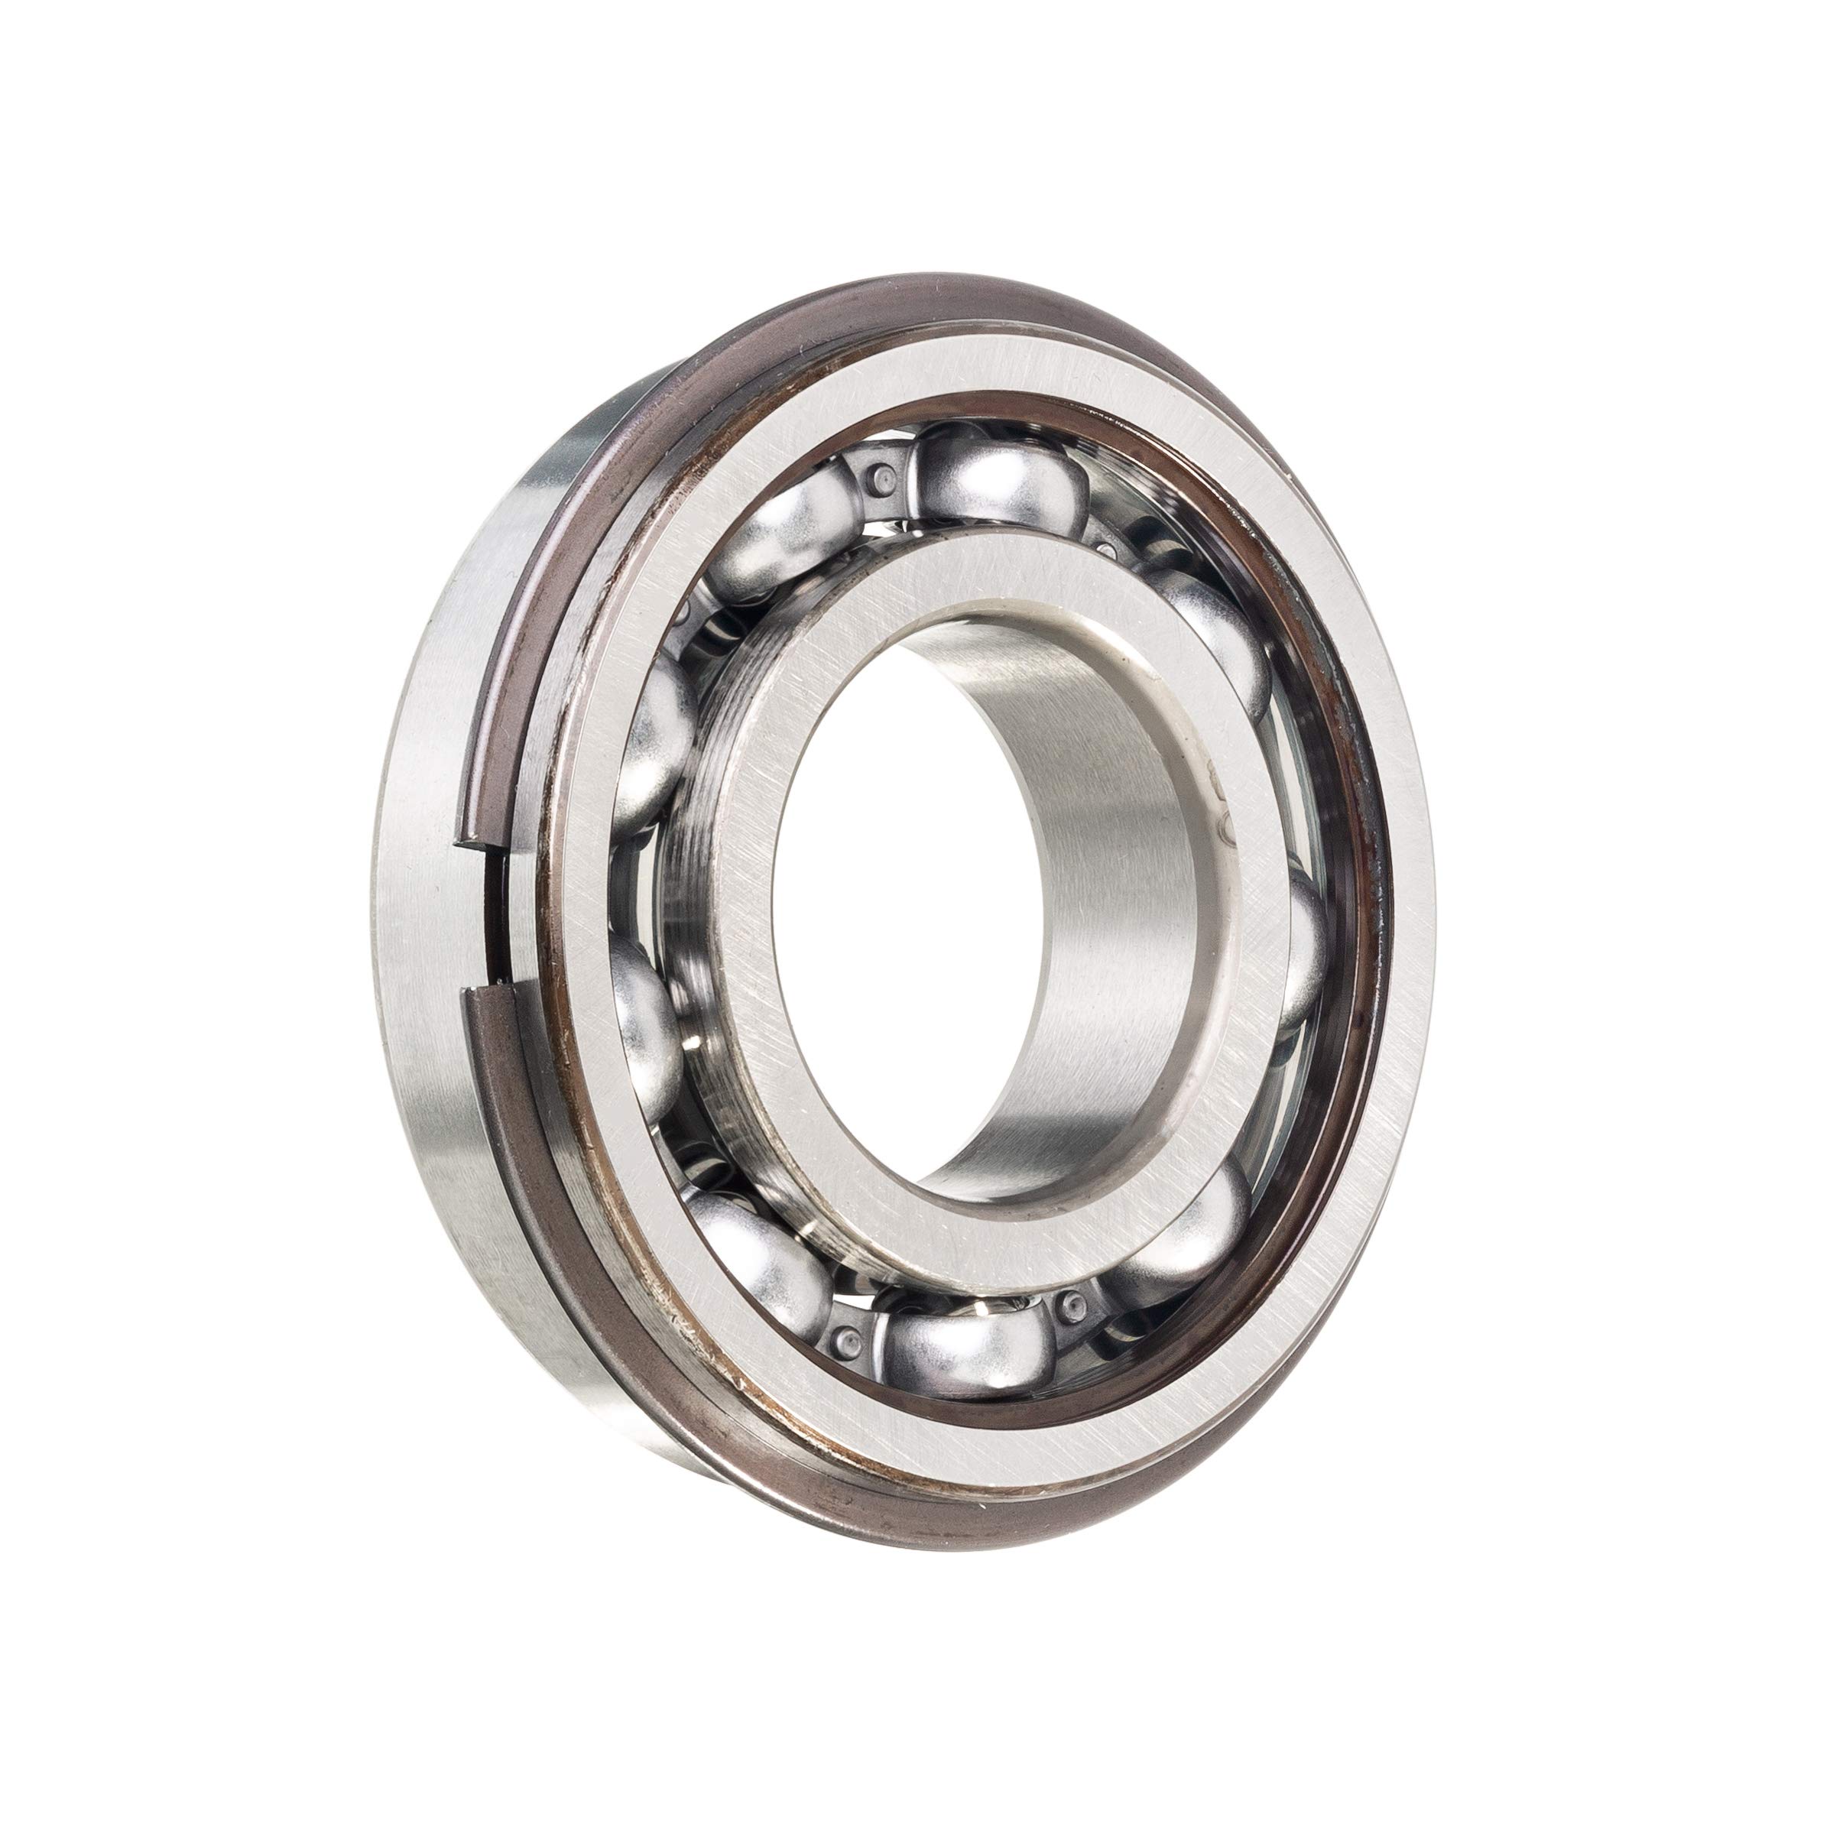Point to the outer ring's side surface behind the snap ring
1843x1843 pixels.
pyautogui.click(x=420, y=954)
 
